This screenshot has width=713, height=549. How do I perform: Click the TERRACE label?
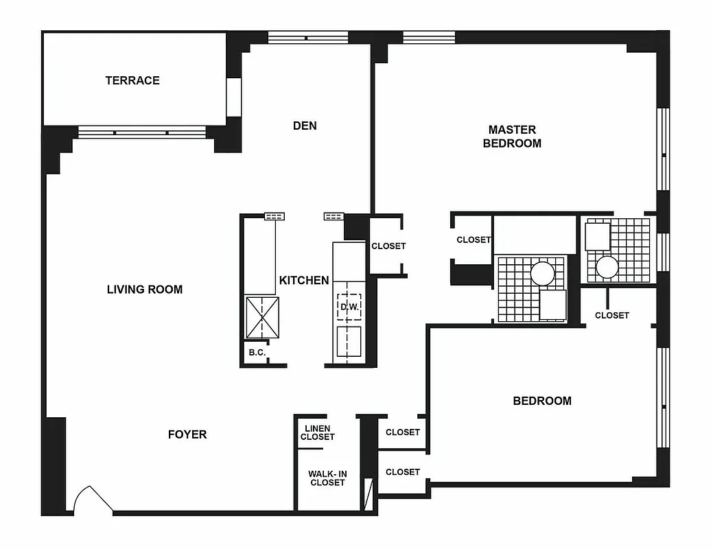coord(132,80)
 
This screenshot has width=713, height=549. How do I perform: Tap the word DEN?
coord(305,126)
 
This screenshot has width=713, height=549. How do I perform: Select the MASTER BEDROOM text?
coord(512,137)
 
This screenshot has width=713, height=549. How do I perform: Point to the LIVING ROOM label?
coord(145,290)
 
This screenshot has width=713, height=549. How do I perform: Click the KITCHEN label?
coord(304,280)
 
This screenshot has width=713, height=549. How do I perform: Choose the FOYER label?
coord(187,434)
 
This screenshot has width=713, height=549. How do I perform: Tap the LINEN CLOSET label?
coord(317,433)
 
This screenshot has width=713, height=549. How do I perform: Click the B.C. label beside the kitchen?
coord(257,353)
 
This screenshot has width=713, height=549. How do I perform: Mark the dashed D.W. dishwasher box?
coord(349,307)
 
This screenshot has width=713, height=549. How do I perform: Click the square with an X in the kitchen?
coord(263,318)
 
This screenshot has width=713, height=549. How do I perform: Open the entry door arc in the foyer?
coord(93,500)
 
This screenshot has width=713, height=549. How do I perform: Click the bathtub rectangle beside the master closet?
coord(535,235)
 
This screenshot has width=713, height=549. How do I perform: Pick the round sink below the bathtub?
coord(542,274)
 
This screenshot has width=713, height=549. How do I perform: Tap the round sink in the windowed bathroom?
coord(608,267)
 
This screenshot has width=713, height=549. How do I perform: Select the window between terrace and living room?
coord(142,132)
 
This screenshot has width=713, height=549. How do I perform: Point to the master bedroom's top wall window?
coord(429,37)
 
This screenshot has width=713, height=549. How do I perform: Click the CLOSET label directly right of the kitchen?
coord(388,246)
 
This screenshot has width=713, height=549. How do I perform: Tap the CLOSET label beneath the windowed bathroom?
coord(611,316)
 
